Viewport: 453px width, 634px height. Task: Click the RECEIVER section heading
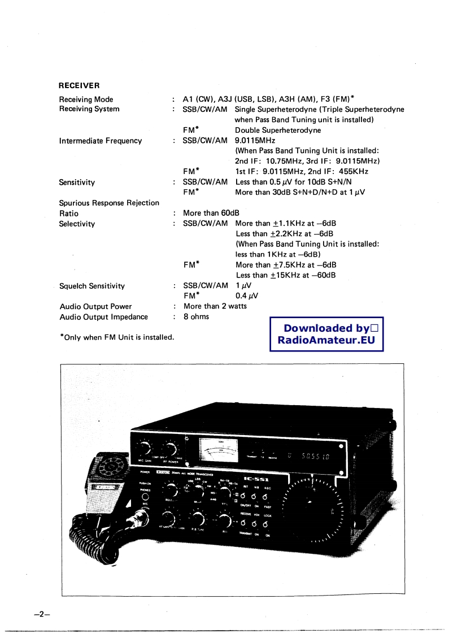click(x=79, y=86)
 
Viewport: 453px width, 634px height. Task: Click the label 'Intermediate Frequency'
click(x=100, y=141)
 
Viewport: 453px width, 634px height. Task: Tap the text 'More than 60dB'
click(x=211, y=213)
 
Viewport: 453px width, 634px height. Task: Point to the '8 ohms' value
click(x=196, y=316)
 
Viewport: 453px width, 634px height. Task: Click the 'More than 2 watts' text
click(x=215, y=306)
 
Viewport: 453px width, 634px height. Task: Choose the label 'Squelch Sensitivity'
click(x=92, y=286)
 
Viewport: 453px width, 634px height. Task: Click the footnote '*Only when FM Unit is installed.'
click(x=116, y=337)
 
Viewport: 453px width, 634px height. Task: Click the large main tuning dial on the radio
click(x=312, y=501)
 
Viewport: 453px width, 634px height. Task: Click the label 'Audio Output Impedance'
click(x=103, y=317)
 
